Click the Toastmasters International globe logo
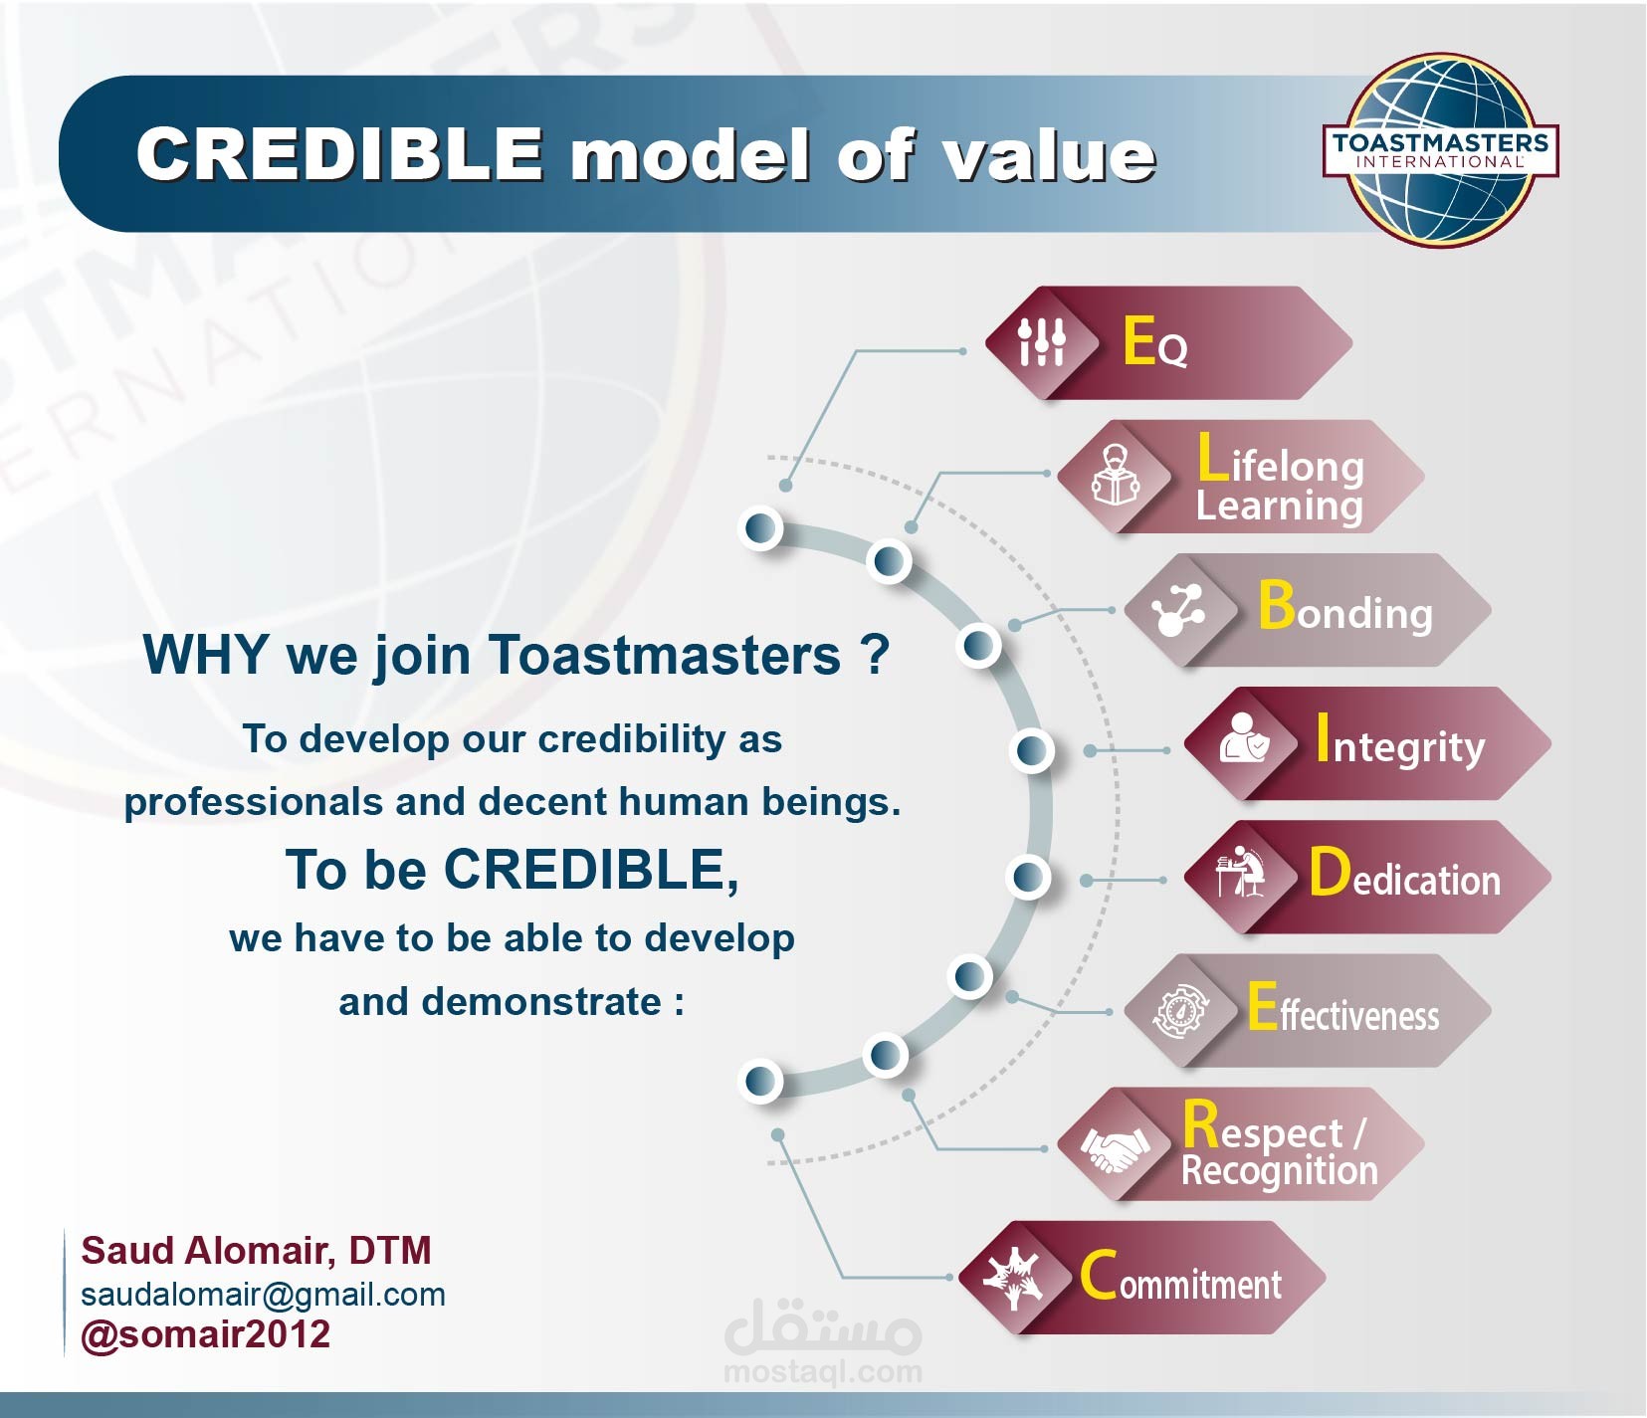pos(1440,150)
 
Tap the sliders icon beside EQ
pos(1041,342)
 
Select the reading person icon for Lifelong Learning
pos(1116,476)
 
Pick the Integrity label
pos(1400,740)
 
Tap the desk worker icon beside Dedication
pos(1240,873)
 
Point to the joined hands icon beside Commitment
pos(1013,1277)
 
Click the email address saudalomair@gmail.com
pos(263,1295)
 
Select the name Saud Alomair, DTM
pos(256,1251)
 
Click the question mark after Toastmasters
pos(875,654)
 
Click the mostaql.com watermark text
pos(823,1372)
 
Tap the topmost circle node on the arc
pos(762,527)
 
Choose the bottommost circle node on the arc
pos(762,1080)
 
